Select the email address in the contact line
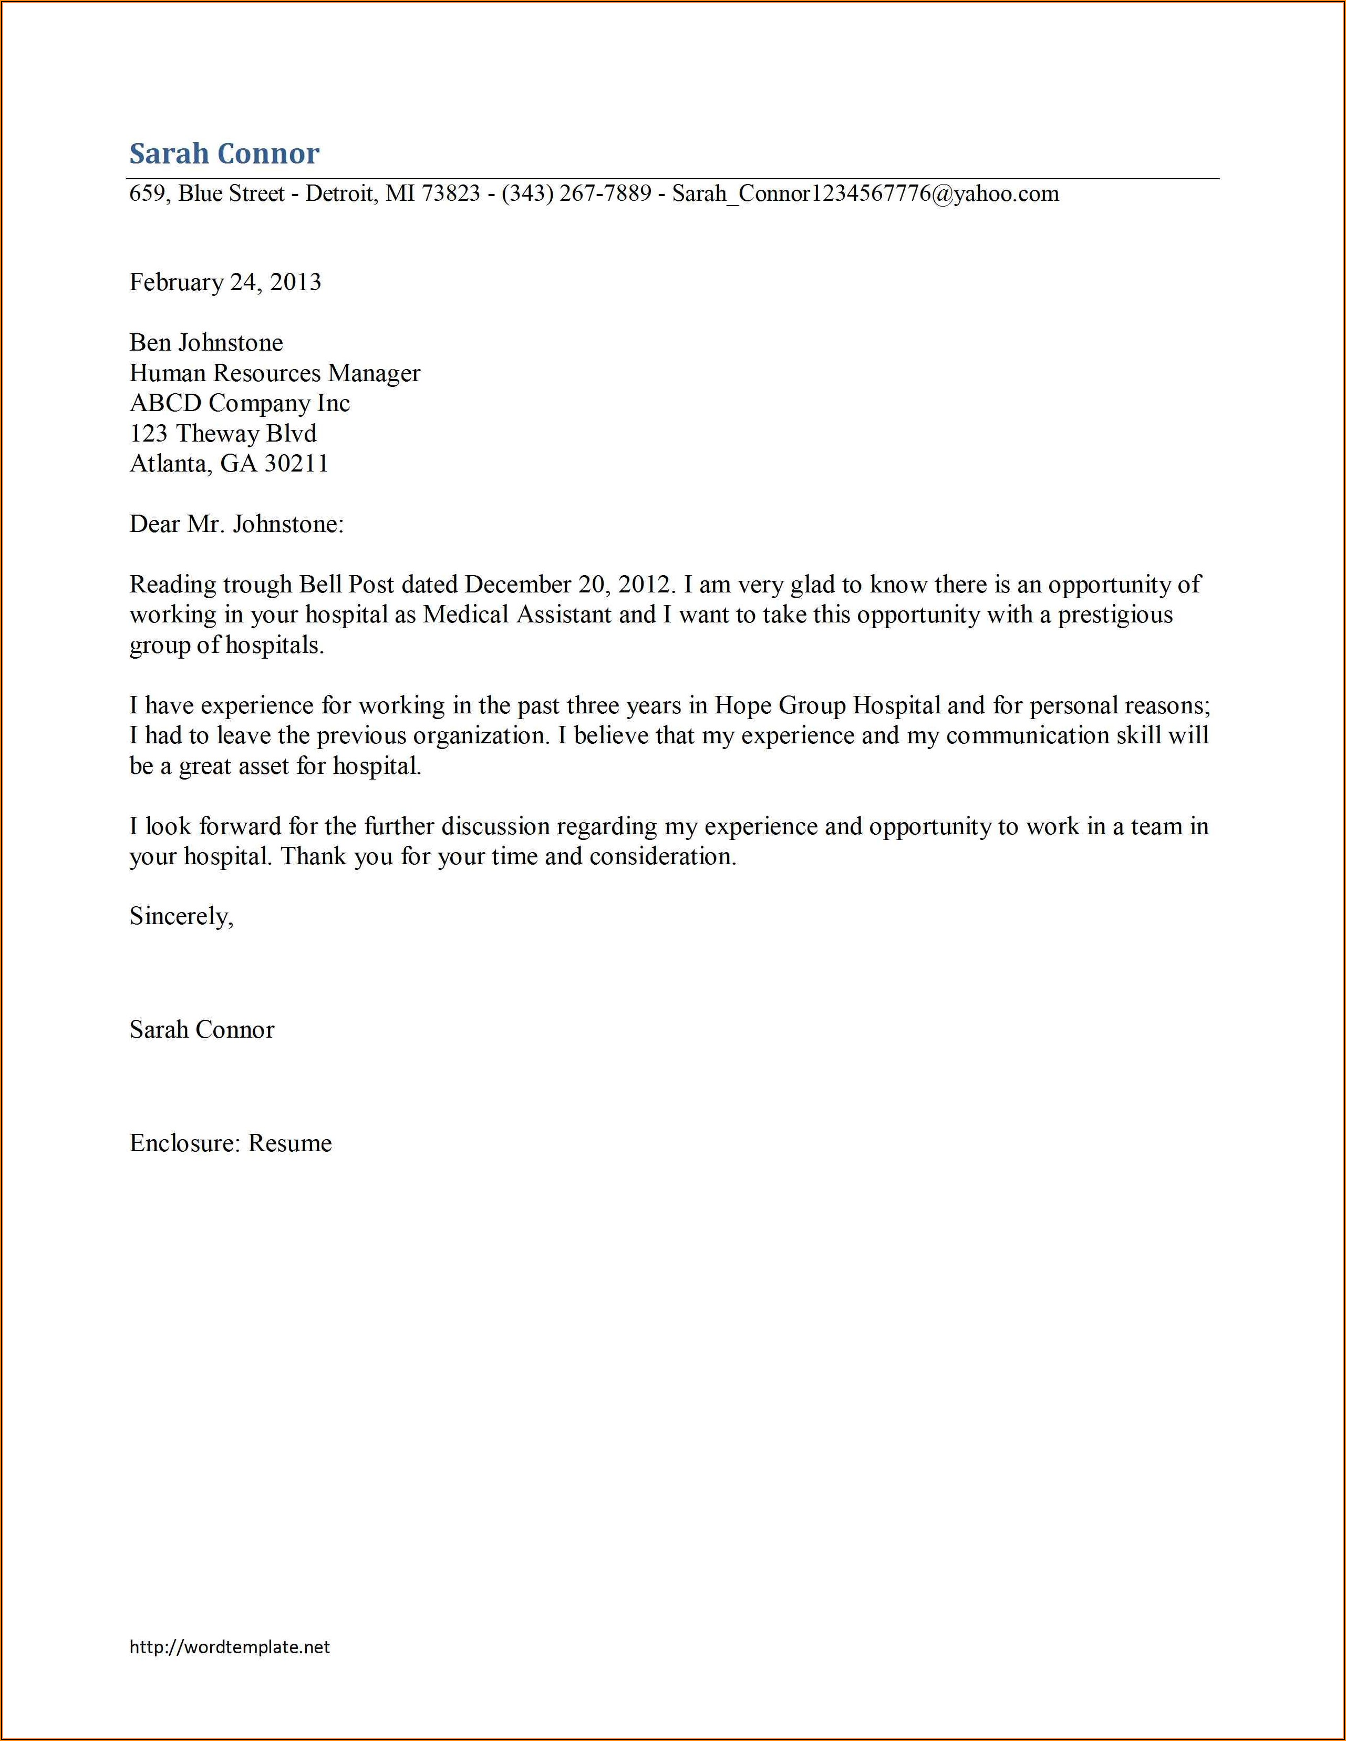click(x=865, y=194)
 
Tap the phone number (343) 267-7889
click(x=576, y=194)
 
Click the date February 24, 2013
click(x=225, y=282)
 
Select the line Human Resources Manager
click(x=274, y=373)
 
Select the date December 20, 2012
click(x=570, y=585)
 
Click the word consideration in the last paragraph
click(x=662, y=857)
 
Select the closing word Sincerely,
click(x=181, y=917)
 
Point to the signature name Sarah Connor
click(x=202, y=1030)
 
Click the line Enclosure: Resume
click(x=230, y=1143)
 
